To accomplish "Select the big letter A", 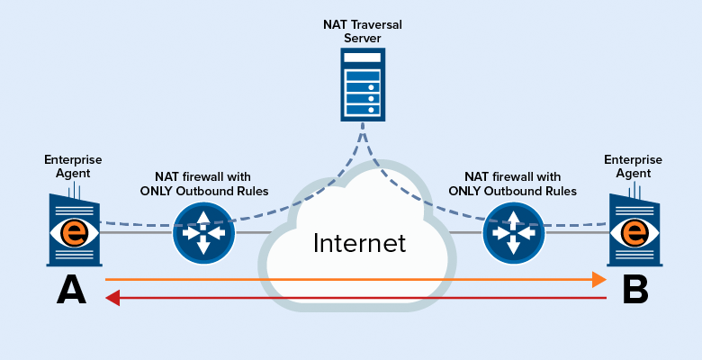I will pyautogui.click(x=72, y=290).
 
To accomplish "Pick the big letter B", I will pyautogui.click(x=635, y=290).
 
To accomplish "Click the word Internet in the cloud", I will pyautogui.click(x=359, y=243).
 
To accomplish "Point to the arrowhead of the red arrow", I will pyautogui.click(x=112, y=297).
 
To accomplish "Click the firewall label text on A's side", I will pyautogui.click(x=202, y=184).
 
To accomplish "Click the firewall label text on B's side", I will pyautogui.click(x=512, y=184).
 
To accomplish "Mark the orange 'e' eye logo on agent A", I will pyautogui.click(x=76, y=231).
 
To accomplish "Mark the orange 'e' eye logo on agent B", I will pyautogui.click(x=634, y=232).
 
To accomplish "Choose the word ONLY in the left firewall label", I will pyautogui.click(x=157, y=191).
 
